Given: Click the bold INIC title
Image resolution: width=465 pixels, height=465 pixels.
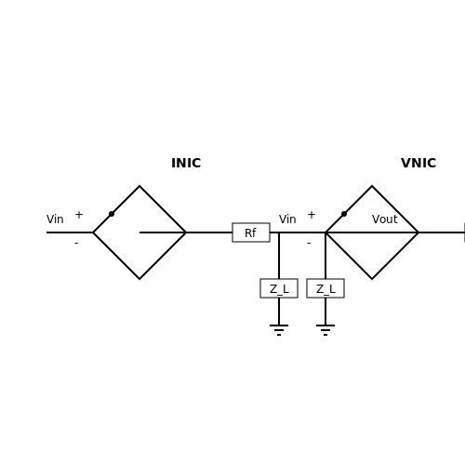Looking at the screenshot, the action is pyautogui.click(x=186, y=163).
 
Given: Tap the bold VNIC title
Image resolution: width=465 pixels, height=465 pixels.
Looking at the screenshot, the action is pyautogui.click(x=418, y=163).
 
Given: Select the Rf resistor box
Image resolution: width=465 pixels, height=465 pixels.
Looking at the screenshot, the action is pyautogui.click(x=251, y=232).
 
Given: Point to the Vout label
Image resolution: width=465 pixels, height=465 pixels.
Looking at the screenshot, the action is pyautogui.click(x=385, y=219).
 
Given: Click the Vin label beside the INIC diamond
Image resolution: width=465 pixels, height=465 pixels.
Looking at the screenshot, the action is pyautogui.click(x=55, y=219).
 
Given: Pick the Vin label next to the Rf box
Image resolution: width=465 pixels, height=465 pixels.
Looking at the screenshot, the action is pyautogui.click(x=287, y=219).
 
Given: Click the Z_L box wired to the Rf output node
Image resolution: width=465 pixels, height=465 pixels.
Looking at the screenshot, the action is pyautogui.click(x=279, y=288).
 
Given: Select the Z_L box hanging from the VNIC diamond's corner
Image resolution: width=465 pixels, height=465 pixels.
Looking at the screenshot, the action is pyautogui.click(x=325, y=288).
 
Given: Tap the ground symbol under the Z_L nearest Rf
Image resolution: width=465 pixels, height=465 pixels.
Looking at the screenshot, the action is pyautogui.click(x=279, y=330).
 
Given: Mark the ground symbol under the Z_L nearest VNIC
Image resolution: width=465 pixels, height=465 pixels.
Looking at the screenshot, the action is pyautogui.click(x=325, y=330).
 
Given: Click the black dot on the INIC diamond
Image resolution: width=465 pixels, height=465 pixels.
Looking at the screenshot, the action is pyautogui.click(x=112, y=214).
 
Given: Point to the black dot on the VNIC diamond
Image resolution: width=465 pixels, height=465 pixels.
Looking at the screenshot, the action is pyautogui.click(x=344, y=214).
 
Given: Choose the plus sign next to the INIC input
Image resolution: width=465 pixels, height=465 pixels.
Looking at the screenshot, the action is pyautogui.click(x=79, y=215).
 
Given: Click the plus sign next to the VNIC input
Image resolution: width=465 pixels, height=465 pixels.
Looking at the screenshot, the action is pyautogui.click(x=312, y=215).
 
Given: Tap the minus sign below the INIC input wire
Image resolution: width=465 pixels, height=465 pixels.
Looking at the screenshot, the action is pyautogui.click(x=76, y=244).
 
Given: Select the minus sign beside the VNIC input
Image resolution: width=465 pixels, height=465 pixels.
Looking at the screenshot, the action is pyautogui.click(x=309, y=244).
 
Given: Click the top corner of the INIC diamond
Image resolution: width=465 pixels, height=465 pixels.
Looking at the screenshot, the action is pyautogui.click(x=139, y=186).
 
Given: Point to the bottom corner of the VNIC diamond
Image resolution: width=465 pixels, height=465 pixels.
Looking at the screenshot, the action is pyautogui.click(x=372, y=279).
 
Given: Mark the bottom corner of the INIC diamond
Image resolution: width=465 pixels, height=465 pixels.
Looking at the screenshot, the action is pyautogui.click(x=139, y=279).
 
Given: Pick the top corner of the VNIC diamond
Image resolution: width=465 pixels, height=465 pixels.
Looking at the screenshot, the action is pyautogui.click(x=372, y=186).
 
